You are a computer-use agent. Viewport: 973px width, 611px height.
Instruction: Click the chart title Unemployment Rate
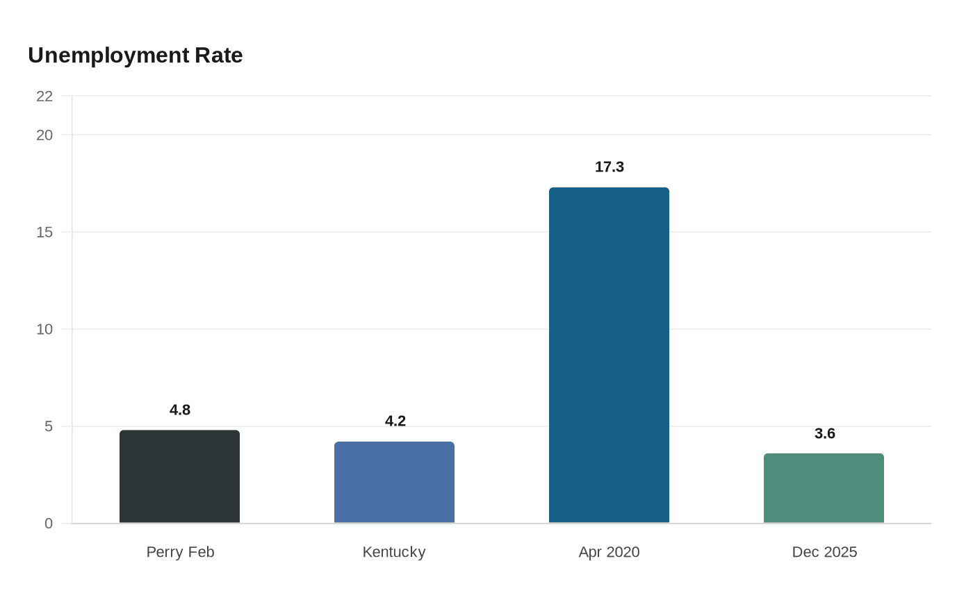(x=135, y=56)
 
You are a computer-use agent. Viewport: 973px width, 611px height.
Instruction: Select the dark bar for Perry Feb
(x=179, y=476)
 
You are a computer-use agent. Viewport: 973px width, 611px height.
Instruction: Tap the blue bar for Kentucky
(x=395, y=482)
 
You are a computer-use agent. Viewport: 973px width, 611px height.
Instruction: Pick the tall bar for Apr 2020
(x=609, y=355)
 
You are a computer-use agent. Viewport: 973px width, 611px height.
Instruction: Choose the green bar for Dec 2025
(x=824, y=488)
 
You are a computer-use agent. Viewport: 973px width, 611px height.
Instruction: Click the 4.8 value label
(x=180, y=410)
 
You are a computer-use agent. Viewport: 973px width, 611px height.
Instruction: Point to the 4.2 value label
(x=395, y=421)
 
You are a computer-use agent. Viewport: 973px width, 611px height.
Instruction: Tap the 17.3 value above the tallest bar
(x=610, y=167)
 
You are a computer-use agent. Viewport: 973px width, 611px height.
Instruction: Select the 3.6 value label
(x=825, y=433)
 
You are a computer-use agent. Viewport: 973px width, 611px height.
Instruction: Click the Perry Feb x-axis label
(x=180, y=552)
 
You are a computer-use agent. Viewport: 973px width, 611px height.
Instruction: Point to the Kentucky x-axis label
(x=394, y=553)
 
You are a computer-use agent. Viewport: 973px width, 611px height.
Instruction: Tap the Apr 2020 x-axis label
(x=609, y=553)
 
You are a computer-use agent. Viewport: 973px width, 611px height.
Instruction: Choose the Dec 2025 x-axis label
(x=824, y=552)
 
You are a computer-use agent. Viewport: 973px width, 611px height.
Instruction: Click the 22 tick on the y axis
(x=44, y=97)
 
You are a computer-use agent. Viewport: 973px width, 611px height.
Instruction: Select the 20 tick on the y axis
(x=44, y=135)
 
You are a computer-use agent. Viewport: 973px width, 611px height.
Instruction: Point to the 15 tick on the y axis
(x=44, y=233)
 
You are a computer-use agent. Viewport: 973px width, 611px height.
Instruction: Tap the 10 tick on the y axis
(x=44, y=330)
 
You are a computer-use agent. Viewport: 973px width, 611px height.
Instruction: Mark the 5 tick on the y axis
(x=49, y=426)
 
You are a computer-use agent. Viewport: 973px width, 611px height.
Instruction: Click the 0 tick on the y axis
(x=49, y=524)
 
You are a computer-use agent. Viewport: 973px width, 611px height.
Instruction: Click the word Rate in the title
(x=218, y=56)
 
